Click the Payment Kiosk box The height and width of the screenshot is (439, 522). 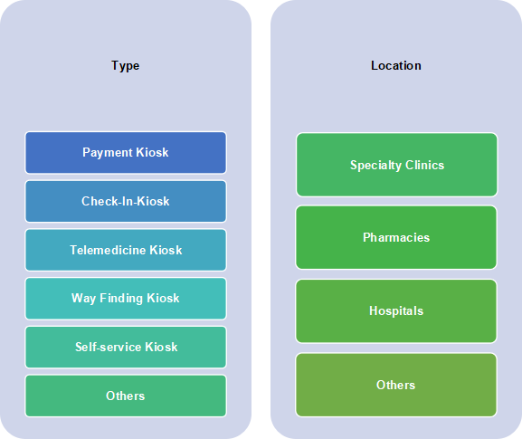pos(126,153)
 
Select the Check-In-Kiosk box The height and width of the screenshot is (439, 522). pos(126,201)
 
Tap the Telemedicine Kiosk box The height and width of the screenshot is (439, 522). pos(126,250)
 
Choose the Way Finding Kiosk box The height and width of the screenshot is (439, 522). pos(126,299)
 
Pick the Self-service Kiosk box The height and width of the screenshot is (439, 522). pos(126,347)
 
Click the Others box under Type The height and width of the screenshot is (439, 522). pos(126,396)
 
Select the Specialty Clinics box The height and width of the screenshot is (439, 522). pos(397,165)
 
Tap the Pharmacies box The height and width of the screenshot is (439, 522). pos(396,237)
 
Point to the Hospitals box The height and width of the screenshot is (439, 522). pos(396,311)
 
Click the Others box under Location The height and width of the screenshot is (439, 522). pos(396,385)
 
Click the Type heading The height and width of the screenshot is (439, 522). pos(125,66)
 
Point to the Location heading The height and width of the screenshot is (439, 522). pos(396,65)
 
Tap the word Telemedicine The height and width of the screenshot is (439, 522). pos(108,250)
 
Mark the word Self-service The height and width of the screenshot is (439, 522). pos(109,347)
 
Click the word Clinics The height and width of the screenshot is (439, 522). pos(425,165)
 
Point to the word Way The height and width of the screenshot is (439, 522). pos(83,299)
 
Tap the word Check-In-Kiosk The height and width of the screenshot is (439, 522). pos(126,201)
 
